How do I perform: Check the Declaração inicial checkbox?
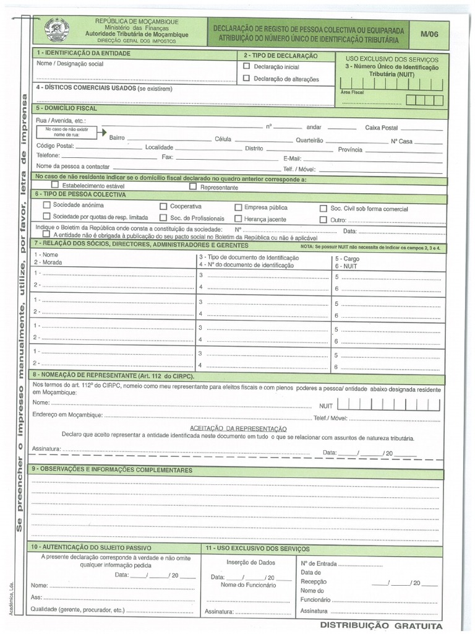247,66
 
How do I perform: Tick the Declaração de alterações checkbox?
247,78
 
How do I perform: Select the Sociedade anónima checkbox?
46,204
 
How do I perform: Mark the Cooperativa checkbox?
163,206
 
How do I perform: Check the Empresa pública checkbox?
238,207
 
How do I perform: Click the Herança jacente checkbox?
238,219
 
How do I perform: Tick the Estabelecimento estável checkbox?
55,185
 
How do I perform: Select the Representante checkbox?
193,186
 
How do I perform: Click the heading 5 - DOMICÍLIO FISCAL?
67,108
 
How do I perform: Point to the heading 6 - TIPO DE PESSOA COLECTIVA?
80,194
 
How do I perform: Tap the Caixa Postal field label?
382,128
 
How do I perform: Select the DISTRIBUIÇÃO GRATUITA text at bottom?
382,625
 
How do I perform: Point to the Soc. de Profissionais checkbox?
163,217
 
